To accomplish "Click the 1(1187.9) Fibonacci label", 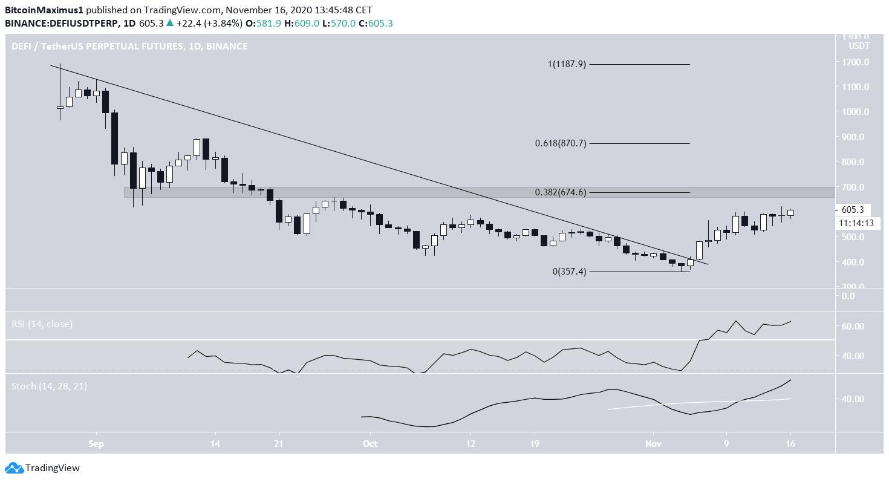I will pos(568,64).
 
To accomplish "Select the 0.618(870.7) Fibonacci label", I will pos(561,143).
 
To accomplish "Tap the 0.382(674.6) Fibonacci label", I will pos(561,192).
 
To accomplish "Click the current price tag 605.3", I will pos(853,210).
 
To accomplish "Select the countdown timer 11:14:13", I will pos(856,223).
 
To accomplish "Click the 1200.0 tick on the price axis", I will pos(853,62).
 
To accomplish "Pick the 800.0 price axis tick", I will pos(853,162).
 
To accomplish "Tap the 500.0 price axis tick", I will pos(853,237).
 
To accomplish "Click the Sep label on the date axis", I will pos(96,443).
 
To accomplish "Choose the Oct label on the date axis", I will pos(371,443).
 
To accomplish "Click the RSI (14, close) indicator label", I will pos(42,324).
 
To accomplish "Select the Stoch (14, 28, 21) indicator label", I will pos(49,386).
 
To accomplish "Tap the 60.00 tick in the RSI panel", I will pos(853,327).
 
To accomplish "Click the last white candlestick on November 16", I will pos(790,213).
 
